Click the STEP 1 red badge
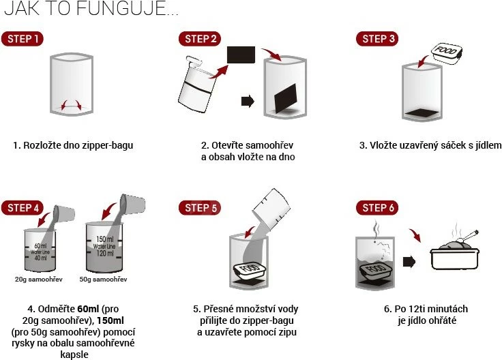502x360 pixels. pos(22,39)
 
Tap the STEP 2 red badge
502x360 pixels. pos(201,39)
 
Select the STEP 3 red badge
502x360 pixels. pos(377,39)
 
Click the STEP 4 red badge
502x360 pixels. pos(22,208)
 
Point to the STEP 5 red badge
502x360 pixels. pos(200,208)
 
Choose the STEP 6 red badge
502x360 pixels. pos(377,208)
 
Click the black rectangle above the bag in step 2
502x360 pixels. pos(241,55)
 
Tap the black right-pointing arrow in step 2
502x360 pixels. pos(248,101)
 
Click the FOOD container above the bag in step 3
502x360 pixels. pos(447,52)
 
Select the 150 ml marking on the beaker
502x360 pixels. pos(104,239)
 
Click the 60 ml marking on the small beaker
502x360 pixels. pos(40,245)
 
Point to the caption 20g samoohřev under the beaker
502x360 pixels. pos(39,280)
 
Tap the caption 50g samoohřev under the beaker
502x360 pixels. pos(103,280)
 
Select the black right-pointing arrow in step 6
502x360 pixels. pos(409,262)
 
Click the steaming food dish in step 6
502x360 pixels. pos(454,253)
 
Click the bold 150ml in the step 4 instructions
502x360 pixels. pos(110,320)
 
